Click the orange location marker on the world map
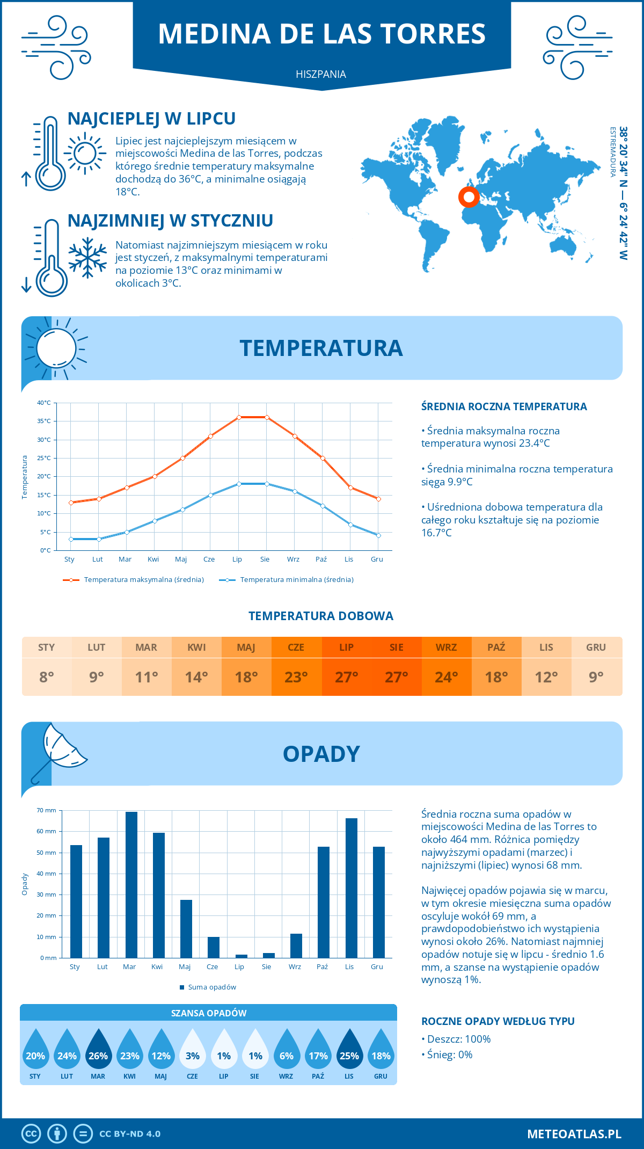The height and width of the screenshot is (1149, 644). [x=469, y=197]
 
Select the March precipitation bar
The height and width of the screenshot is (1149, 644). [x=131, y=884]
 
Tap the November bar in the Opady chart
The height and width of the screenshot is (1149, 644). [x=351, y=888]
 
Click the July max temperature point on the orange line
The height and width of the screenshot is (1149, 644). [x=239, y=417]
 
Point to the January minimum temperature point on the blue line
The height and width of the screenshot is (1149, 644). [x=71, y=539]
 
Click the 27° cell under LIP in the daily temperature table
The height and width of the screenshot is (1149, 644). [x=346, y=677]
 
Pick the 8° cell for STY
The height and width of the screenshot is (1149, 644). [x=47, y=677]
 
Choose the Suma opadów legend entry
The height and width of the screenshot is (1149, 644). [x=211, y=987]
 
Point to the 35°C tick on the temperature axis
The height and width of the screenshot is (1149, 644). [x=44, y=421]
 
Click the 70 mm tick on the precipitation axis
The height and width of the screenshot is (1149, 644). [x=46, y=810]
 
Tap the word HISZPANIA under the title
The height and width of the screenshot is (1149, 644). [x=321, y=74]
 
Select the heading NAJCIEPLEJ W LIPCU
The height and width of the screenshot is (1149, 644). [x=151, y=119]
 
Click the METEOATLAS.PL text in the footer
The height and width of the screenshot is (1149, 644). [x=574, y=1134]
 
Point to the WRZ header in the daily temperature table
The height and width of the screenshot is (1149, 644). [x=446, y=647]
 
